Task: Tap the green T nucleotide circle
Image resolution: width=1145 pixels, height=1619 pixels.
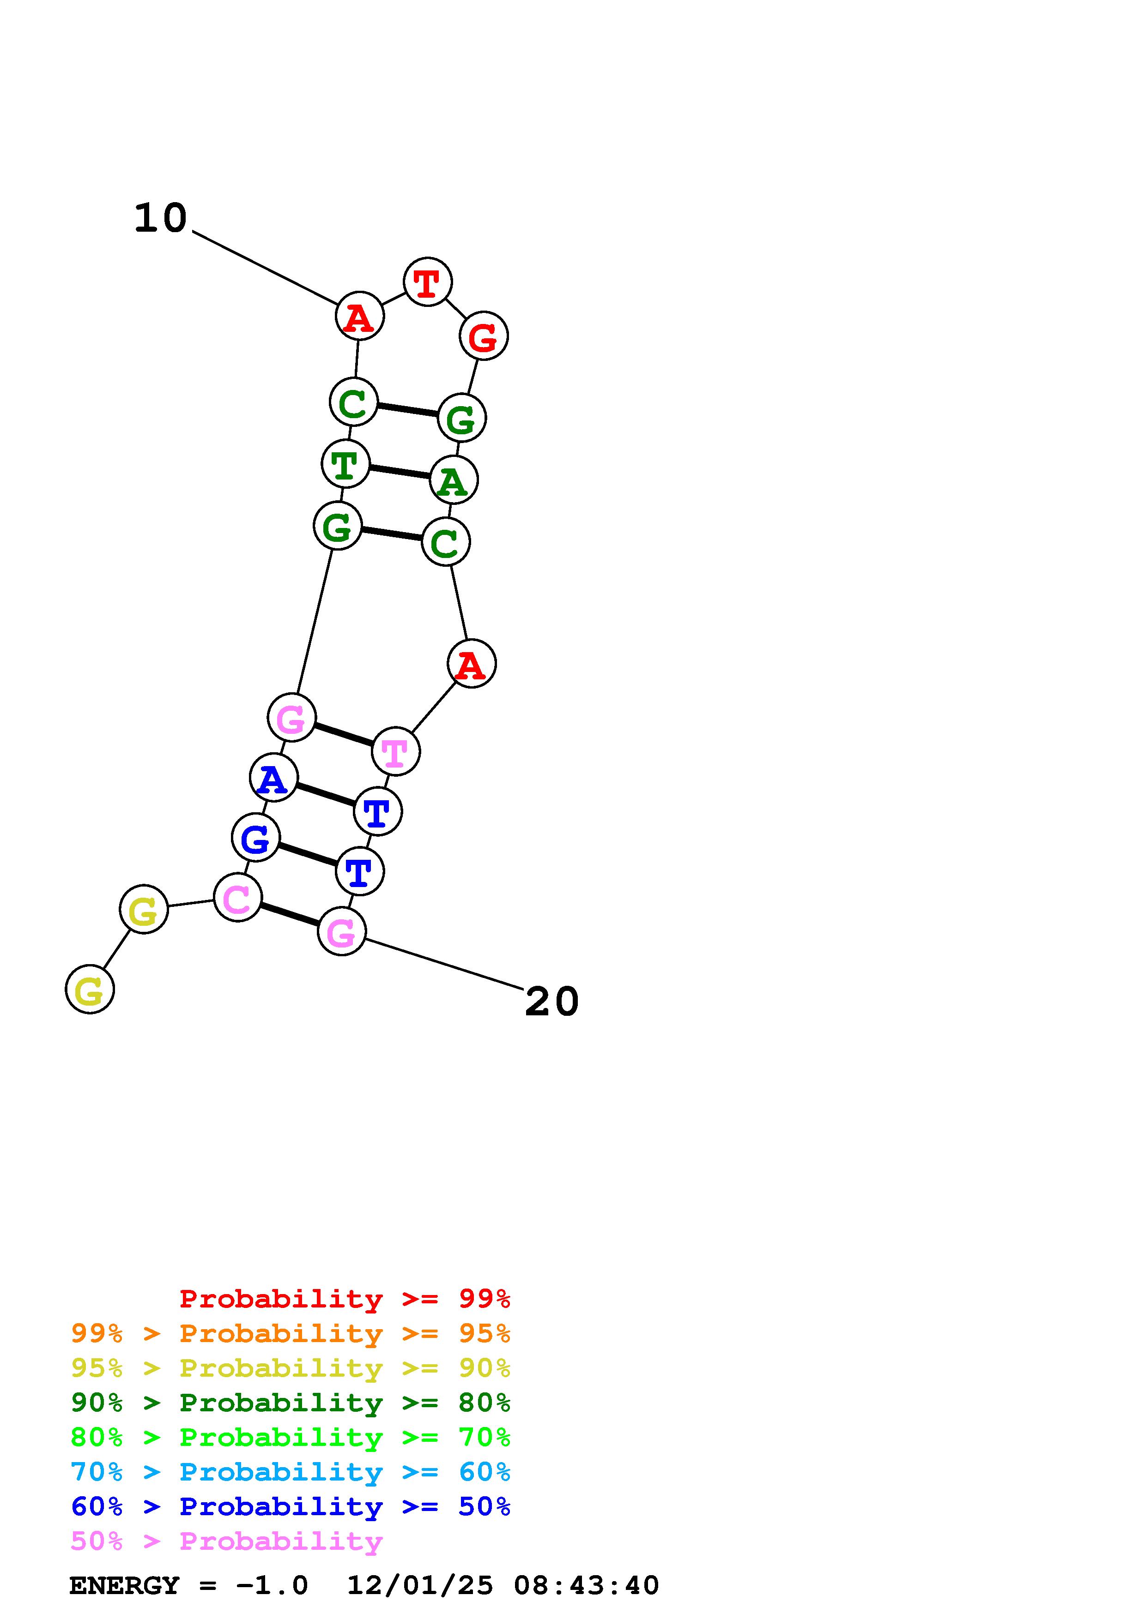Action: point(345,464)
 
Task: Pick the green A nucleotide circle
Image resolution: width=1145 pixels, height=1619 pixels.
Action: point(454,480)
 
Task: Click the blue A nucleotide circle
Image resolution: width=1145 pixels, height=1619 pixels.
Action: point(273,777)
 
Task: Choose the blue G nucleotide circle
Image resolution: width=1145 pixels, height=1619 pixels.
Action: point(255,837)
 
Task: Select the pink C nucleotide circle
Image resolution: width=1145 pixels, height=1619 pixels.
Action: point(237,898)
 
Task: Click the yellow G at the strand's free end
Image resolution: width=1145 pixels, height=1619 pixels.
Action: point(90,989)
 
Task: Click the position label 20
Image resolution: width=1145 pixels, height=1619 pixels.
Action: point(551,1001)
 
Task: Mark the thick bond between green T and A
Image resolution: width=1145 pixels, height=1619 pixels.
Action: point(400,473)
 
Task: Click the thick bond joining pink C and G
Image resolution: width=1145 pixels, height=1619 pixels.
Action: point(289,915)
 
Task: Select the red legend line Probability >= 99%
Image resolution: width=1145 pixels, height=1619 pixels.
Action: point(344,1298)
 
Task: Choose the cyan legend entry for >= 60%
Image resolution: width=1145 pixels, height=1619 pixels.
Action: point(291,1472)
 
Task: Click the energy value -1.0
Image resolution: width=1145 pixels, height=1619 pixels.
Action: point(272,1585)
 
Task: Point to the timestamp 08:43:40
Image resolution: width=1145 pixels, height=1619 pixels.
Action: point(586,1585)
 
